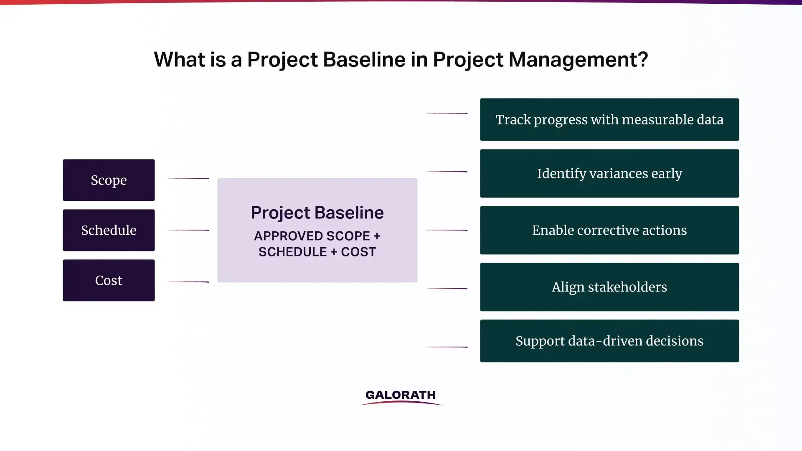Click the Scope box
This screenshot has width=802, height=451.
pos(109,180)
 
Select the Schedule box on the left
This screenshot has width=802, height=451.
pos(109,230)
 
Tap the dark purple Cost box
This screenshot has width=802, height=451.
pos(109,280)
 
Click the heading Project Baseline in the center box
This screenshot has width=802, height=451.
pos(317,213)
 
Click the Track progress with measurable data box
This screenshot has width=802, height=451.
pos(609,119)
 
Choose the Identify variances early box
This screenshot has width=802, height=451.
pos(609,173)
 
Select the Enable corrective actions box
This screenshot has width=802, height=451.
pos(609,230)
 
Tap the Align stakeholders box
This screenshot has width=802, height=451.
pos(609,287)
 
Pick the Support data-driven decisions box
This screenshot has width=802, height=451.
pos(609,341)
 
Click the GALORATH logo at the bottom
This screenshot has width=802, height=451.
pos(401,396)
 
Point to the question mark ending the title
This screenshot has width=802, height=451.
pos(643,60)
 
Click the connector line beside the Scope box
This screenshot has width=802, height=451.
pos(188,178)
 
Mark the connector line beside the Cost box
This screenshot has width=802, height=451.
pos(188,282)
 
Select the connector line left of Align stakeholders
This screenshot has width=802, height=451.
pos(447,289)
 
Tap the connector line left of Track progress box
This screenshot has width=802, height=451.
pos(447,113)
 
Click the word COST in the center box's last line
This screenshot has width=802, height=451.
pos(358,252)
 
